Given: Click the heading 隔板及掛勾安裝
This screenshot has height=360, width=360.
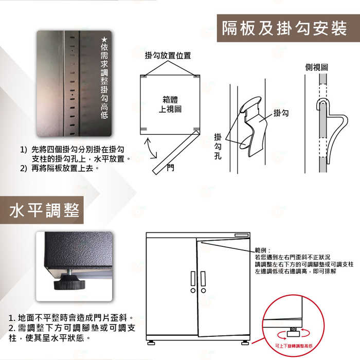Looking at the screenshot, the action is [284, 28].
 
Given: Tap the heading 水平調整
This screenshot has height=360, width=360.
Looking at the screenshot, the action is [44, 210].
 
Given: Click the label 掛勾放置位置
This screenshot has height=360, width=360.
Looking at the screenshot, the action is [168, 56].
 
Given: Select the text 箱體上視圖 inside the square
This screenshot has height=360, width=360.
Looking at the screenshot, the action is [170, 104].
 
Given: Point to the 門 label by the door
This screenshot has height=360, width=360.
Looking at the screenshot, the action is [171, 168].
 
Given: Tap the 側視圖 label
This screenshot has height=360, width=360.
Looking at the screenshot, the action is [317, 67].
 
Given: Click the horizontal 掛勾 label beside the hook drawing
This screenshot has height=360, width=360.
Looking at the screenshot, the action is [281, 113].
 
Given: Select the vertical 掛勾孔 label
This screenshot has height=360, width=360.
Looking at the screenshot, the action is [218, 146].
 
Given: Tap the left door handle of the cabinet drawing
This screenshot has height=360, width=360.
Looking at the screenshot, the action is [193, 279].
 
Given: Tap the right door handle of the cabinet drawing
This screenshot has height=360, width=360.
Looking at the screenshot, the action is [203, 279].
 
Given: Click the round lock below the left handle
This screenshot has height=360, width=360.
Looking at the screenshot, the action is [193, 291].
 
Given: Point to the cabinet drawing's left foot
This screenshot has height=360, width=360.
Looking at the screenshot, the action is [151, 343].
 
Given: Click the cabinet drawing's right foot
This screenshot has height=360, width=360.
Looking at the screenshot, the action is [245, 343].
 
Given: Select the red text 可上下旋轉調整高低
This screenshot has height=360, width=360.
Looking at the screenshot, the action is [294, 346].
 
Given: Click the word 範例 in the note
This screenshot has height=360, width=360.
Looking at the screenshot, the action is [261, 250].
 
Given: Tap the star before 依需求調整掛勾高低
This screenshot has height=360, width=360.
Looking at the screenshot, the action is [104, 39].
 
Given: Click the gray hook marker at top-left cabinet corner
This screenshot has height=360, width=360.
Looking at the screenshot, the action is [143, 76].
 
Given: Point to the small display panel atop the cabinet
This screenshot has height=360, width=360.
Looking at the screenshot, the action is [242, 235].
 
